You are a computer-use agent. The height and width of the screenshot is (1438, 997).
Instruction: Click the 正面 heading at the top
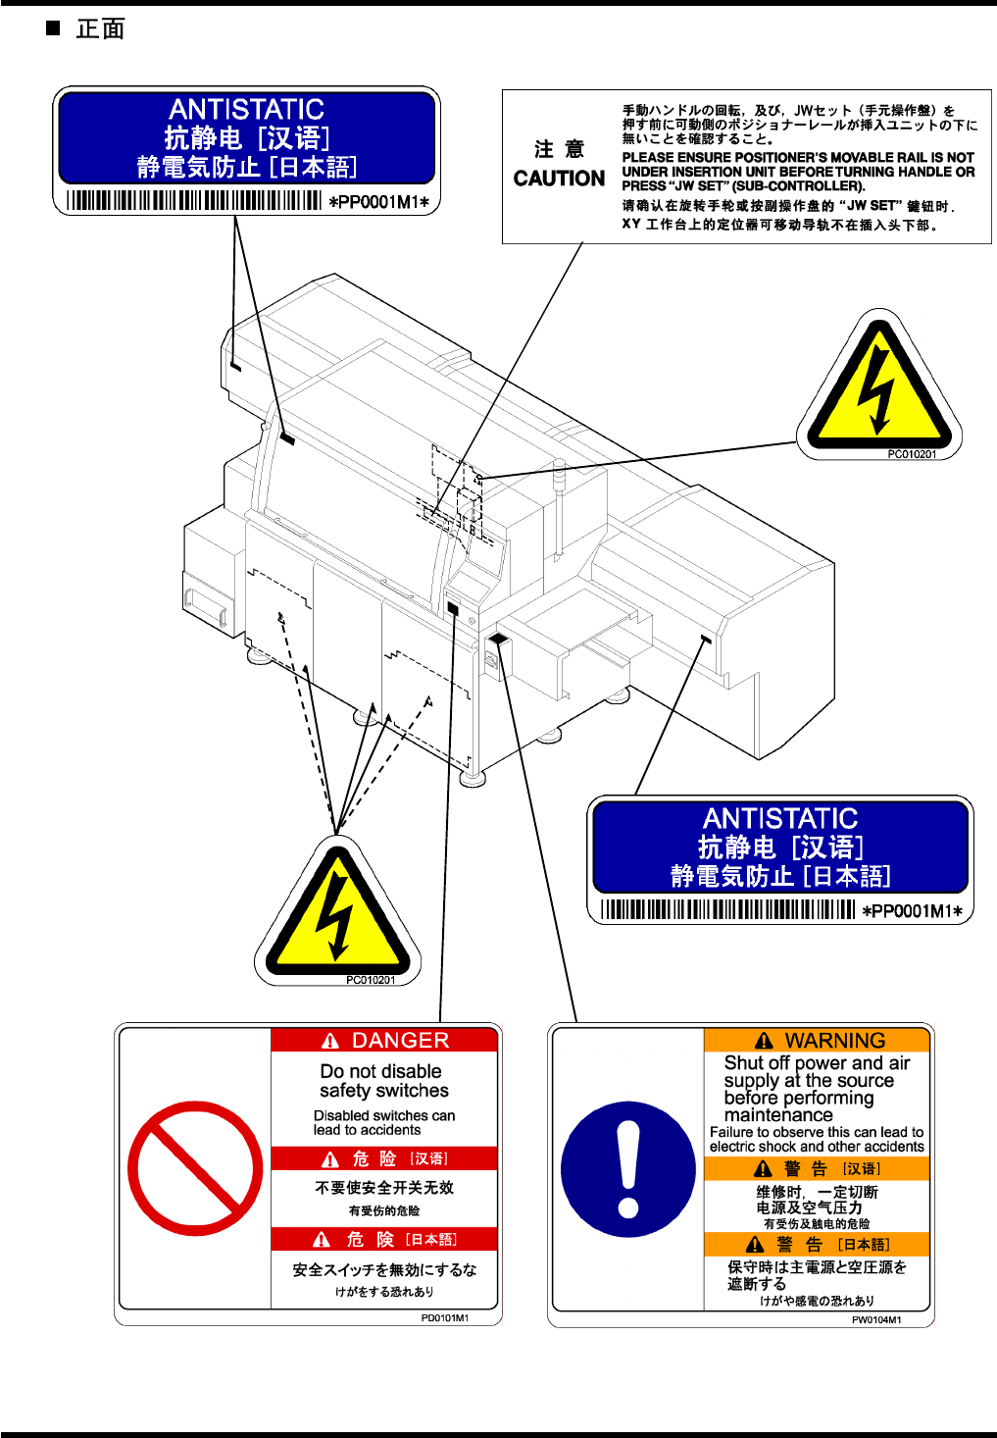coord(100,29)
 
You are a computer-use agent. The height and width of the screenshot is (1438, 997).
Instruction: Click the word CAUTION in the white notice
coord(559,179)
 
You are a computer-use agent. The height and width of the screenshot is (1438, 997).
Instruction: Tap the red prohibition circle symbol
coord(195,1168)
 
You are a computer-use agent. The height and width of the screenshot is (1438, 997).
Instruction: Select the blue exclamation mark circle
coord(627,1170)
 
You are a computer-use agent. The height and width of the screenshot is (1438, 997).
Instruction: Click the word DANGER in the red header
coord(400,1041)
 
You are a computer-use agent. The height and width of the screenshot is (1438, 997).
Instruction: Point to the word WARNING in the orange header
coord(834,1041)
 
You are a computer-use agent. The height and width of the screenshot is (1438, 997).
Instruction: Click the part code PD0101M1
coord(445,1318)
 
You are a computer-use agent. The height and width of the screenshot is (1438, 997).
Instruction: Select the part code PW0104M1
coord(876,1320)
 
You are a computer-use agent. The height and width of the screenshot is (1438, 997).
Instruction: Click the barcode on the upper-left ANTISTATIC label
coord(194,201)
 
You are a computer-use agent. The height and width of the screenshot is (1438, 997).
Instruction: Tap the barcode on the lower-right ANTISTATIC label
coord(728,910)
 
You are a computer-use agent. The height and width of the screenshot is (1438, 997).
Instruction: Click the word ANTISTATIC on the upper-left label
coord(246,109)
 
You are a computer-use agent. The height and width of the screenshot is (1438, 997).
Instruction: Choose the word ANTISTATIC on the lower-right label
coord(780,818)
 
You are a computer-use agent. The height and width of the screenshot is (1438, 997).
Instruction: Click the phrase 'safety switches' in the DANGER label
coord(384,1091)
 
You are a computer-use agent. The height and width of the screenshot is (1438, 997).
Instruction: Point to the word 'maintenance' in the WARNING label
coord(778,1115)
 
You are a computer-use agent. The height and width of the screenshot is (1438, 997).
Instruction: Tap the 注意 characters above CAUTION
coord(559,149)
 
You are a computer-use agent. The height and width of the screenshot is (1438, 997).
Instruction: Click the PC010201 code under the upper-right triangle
coord(912,454)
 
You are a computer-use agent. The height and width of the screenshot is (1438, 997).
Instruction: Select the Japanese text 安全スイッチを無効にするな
coord(384,1269)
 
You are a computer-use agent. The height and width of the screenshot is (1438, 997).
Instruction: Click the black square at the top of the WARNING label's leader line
coord(498,640)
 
